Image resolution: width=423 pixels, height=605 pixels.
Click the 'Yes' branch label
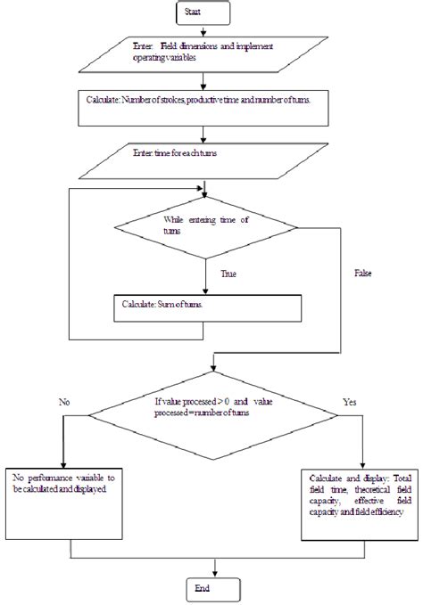pyautogui.click(x=351, y=402)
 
